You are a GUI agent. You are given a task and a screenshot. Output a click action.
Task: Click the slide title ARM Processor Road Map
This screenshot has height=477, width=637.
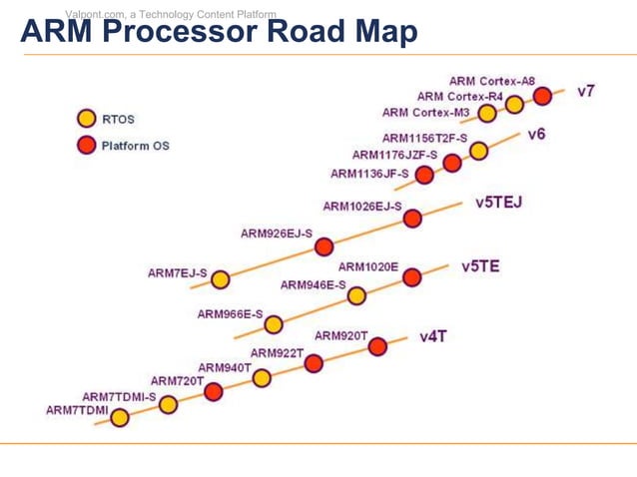pos(218,33)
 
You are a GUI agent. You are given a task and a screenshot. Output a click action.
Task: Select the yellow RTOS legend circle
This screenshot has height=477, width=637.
pos(87,119)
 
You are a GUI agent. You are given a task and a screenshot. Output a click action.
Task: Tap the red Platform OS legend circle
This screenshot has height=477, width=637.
pos(87,146)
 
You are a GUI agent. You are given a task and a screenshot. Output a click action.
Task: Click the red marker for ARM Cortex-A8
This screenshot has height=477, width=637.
pos(542,96)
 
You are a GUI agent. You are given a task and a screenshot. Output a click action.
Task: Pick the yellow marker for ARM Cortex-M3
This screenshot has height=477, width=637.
pos(487,114)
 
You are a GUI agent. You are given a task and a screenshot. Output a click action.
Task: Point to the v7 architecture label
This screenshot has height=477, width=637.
pos(586,91)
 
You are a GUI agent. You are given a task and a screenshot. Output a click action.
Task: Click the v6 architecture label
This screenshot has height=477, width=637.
pos(536,134)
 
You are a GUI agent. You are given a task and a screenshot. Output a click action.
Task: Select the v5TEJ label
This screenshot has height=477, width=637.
pos(498,202)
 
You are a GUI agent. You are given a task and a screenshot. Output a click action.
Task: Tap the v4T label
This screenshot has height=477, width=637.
pos(432,336)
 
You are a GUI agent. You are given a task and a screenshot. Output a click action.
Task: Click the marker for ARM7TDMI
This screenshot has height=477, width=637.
pos(119,418)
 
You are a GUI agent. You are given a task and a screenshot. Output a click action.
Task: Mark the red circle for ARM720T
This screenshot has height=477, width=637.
pos(213,391)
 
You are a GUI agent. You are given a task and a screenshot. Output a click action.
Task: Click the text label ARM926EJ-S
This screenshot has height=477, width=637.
pos(277,234)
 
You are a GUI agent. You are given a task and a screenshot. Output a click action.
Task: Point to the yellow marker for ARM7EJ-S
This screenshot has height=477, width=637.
pos(221,279)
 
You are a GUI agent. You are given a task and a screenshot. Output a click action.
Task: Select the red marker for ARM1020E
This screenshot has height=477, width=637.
pos(411,277)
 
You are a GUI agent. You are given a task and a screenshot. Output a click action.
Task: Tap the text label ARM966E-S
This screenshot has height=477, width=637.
pos(230,313)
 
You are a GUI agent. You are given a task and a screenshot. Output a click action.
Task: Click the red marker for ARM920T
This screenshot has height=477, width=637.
pos(377,346)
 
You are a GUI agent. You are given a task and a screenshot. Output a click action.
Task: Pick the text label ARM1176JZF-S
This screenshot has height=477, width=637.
pos(394,155)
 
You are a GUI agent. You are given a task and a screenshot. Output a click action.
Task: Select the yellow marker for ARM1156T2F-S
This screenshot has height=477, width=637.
pos(478,151)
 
